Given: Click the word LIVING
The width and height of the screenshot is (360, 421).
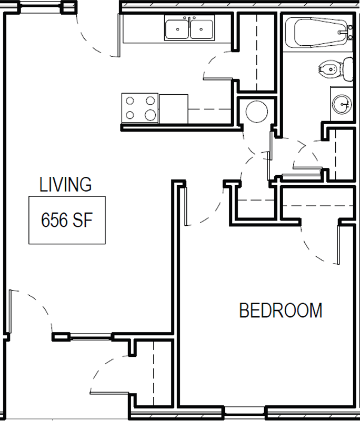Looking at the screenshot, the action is tap(65, 185).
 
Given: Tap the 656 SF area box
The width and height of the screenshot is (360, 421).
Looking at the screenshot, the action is tap(67, 220).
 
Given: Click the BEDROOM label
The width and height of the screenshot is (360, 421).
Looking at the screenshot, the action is tap(281, 310).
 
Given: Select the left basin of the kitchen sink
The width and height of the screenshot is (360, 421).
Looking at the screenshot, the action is tap(177, 29).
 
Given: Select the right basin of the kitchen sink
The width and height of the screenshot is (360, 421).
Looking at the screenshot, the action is tap(202, 29).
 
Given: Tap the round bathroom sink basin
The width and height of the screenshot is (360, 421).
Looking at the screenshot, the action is tap(342, 104).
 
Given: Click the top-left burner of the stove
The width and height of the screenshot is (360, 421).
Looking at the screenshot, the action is tap(130, 101).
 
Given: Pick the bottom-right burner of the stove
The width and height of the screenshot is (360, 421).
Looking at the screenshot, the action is tap(151, 115).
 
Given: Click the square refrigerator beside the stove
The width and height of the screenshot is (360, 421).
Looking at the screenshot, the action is tap(174, 109).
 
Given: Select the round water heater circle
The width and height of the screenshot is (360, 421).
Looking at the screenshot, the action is tap(257, 112).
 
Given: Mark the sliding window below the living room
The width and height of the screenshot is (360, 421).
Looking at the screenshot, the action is tap(91, 337).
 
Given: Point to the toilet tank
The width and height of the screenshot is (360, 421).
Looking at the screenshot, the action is tap(348, 69).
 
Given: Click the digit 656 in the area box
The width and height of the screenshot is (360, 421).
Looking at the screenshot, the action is tap(54, 220).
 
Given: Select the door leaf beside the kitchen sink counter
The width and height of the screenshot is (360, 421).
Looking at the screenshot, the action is tap(118, 35).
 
